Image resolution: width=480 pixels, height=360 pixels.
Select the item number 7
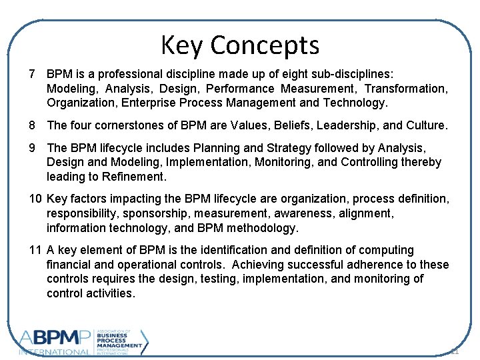coord(32,73)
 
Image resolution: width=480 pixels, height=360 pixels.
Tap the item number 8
coord(32,125)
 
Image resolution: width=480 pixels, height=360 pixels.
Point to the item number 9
coord(32,148)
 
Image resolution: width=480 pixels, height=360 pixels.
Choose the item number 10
coord(36,199)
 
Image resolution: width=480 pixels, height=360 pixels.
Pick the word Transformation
coord(406,88)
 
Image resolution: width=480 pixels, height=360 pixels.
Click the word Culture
coord(426,125)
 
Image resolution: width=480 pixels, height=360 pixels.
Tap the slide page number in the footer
coord(455,351)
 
